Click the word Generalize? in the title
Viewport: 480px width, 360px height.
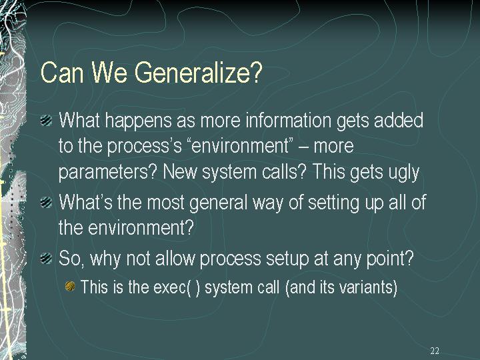pyautogui.click(x=199, y=73)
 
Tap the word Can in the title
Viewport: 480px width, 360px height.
pyautogui.click(x=62, y=72)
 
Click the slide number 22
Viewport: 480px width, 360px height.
pyautogui.click(x=435, y=351)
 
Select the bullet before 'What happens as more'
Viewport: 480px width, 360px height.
pyautogui.click(x=46, y=120)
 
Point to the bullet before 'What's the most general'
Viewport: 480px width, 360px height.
pyautogui.click(x=46, y=202)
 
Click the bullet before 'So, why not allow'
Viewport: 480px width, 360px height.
pyautogui.click(x=46, y=258)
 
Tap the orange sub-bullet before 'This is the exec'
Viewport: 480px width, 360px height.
pyautogui.click(x=70, y=287)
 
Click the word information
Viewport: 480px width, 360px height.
pyautogui.click(x=289, y=120)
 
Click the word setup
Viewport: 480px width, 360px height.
pyautogui.click(x=287, y=259)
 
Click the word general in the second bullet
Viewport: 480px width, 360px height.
pyautogui.click(x=218, y=203)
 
